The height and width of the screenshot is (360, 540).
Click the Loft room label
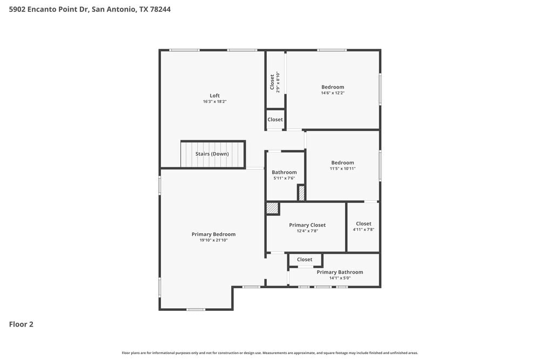[214, 96]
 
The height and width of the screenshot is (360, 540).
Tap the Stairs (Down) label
[212, 154]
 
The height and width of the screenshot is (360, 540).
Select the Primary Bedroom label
[213, 234]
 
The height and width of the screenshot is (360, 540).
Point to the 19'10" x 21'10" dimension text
[213, 241]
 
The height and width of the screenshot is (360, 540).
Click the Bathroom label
[284, 172]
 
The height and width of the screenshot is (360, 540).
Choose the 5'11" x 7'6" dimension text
[284, 178]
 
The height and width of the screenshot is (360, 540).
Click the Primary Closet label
[307, 225]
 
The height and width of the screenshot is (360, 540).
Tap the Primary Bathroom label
[340, 272]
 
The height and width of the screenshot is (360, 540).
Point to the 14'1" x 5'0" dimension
[340, 279]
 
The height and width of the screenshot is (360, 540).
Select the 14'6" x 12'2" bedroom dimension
[333, 93]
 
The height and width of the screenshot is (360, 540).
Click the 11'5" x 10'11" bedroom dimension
[342, 168]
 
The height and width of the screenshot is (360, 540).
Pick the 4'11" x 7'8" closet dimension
[363, 230]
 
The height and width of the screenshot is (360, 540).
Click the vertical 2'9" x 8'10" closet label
[275, 82]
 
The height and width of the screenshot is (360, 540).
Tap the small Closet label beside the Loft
[275, 119]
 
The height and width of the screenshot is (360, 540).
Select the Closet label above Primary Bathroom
[305, 260]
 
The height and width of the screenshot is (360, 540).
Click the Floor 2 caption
[21, 324]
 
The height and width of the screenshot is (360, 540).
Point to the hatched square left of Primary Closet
[272, 208]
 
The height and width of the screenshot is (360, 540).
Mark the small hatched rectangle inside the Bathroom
[301, 193]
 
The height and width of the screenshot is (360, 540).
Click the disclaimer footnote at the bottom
[269, 353]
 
